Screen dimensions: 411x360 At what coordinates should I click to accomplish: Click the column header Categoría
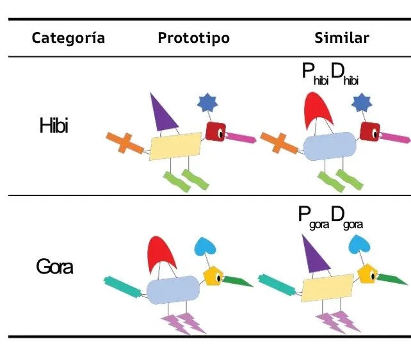click(x=68, y=38)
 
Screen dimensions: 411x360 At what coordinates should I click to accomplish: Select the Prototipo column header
click(x=194, y=38)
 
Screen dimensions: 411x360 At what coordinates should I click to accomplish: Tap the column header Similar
click(x=342, y=38)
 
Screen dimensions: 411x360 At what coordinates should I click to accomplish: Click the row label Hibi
click(x=54, y=126)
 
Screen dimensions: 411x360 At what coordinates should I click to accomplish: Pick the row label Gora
click(x=54, y=266)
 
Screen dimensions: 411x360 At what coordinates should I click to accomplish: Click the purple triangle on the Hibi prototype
click(x=162, y=115)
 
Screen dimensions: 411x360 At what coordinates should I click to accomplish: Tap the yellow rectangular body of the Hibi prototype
click(x=175, y=146)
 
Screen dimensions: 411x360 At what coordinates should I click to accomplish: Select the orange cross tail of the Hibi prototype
click(x=125, y=143)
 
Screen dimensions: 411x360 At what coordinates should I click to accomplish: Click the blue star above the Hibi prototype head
click(x=207, y=102)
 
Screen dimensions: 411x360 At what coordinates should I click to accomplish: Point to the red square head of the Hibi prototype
click(x=216, y=131)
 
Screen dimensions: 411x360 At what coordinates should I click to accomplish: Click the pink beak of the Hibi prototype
click(x=241, y=138)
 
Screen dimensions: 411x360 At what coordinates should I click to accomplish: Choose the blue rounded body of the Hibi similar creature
click(x=330, y=146)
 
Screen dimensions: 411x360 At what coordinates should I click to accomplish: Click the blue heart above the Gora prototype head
click(x=205, y=247)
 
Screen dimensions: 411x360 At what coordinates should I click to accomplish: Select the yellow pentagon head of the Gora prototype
click(x=213, y=276)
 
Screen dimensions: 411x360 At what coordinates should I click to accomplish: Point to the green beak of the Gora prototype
click(x=237, y=281)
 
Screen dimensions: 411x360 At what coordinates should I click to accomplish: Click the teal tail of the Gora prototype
click(x=123, y=288)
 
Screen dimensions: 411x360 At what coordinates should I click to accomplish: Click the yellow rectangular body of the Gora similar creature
click(x=327, y=288)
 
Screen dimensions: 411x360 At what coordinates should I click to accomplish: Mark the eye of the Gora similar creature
click(x=373, y=276)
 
